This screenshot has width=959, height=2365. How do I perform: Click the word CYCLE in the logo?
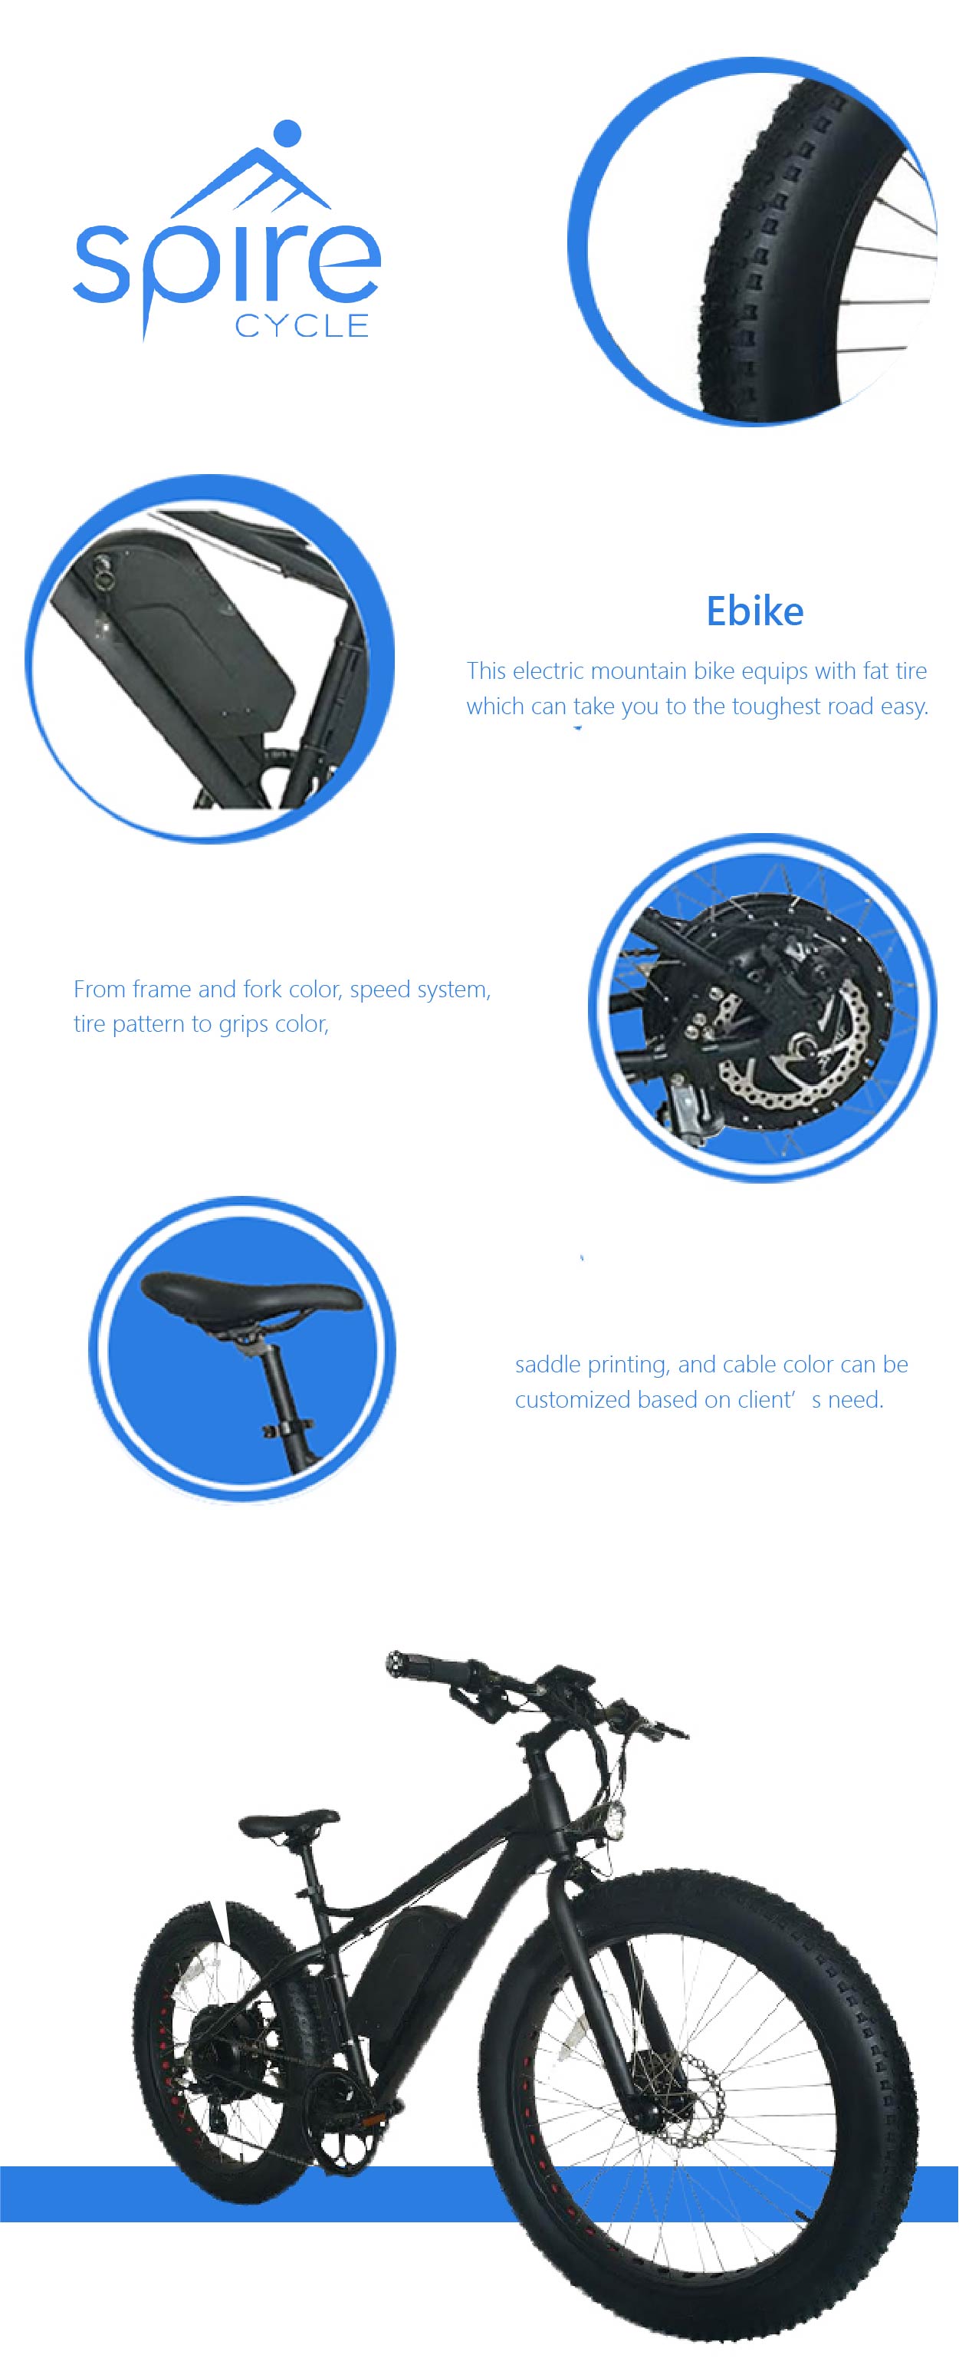pyautogui.click(x=302, y=326)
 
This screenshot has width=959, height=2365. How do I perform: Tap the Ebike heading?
pyautogui.click(x=754, y=611)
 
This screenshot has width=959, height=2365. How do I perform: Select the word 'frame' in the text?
pyautogui.click(x=162, y=989)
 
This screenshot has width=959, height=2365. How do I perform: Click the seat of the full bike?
pyautogui.click(x=288, y=1820)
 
